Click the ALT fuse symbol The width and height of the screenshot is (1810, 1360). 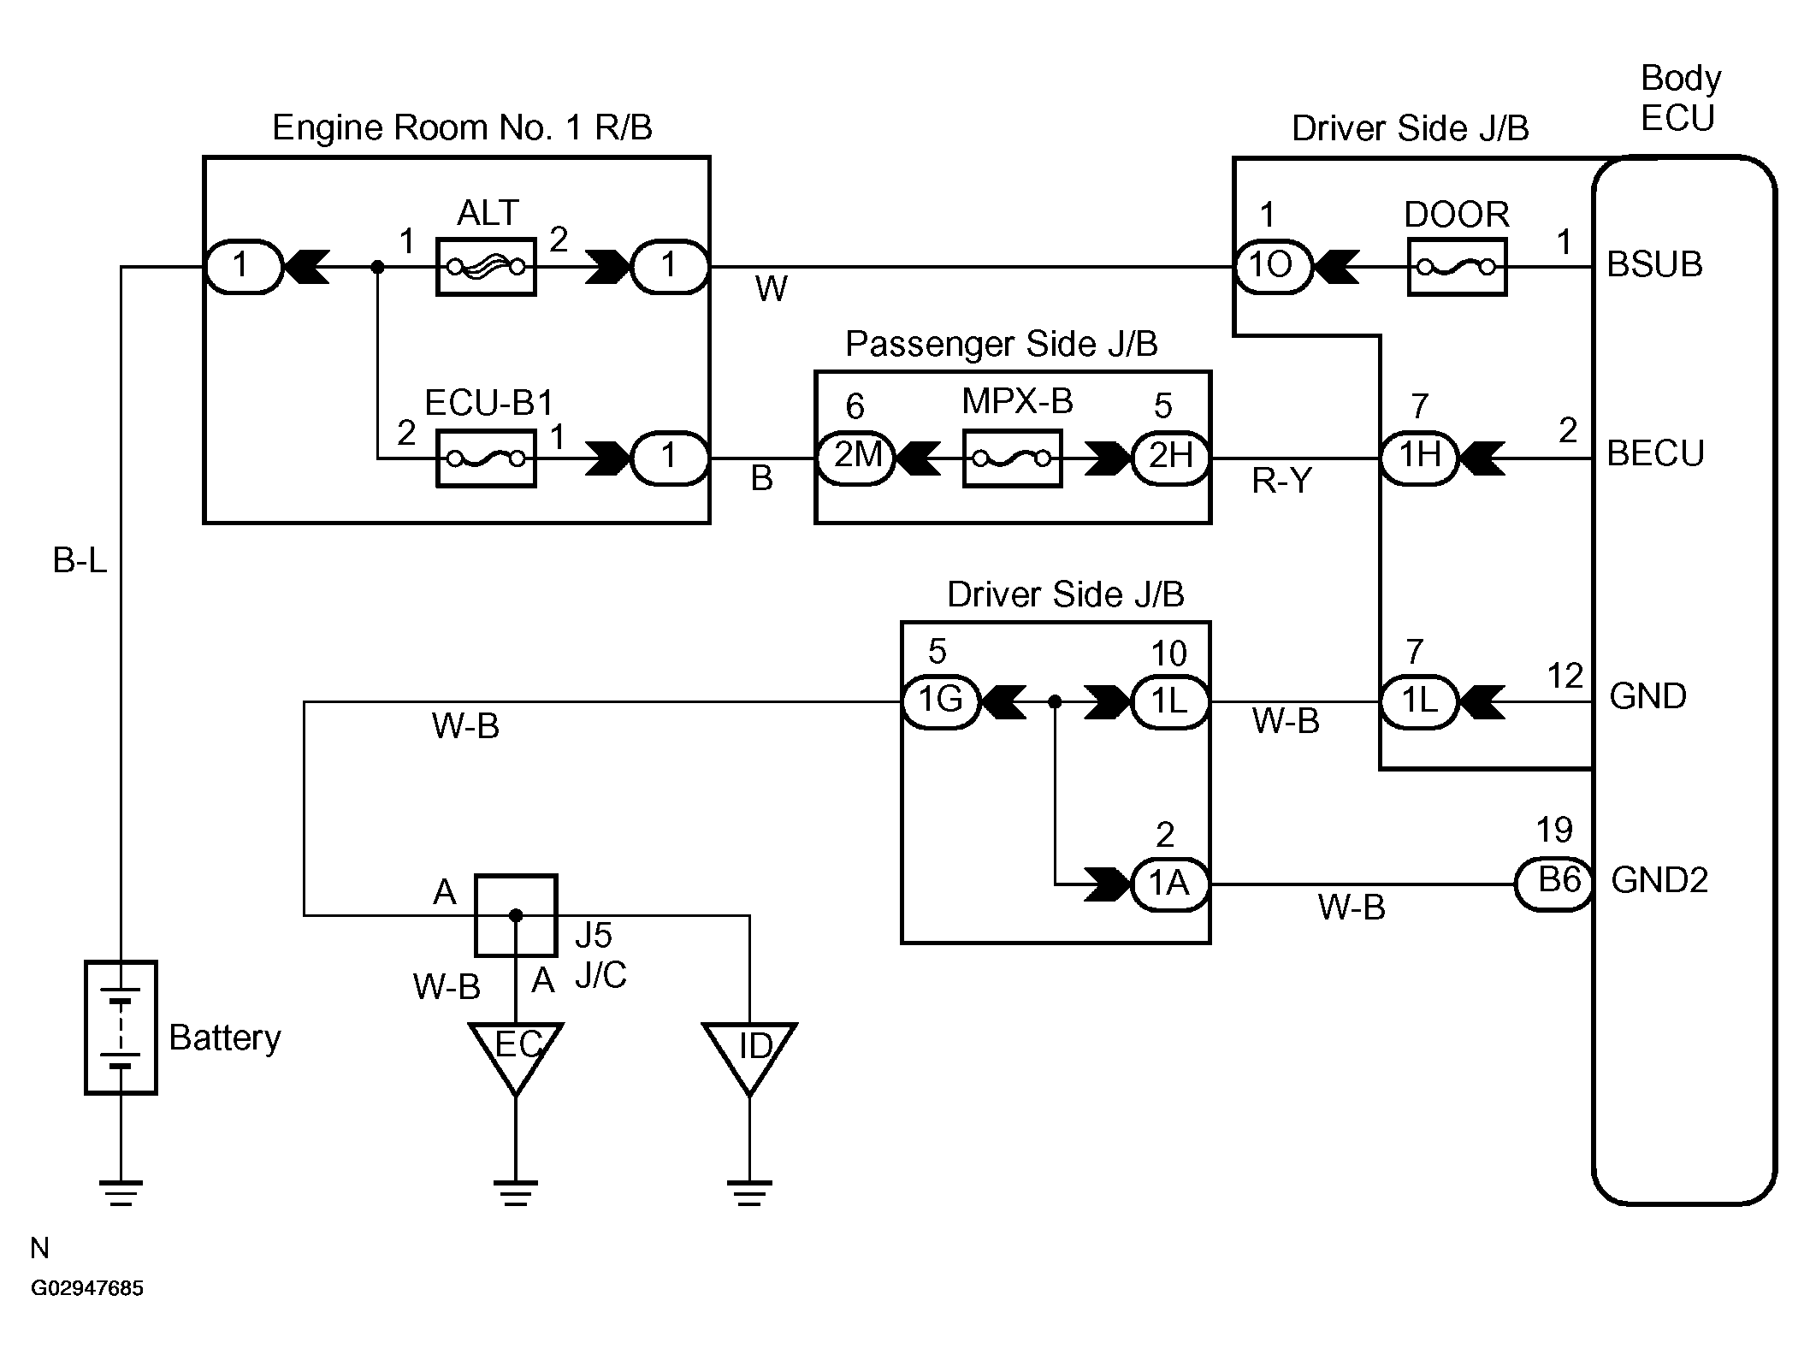coord(486,268)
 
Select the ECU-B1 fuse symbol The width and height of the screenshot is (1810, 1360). coord(486,459)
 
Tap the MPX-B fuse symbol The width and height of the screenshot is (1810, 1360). coord(1012,459)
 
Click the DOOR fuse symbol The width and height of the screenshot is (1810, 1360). coord(1457,268)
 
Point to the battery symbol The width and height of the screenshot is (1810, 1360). coord(121,1027)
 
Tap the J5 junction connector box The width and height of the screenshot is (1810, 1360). coord(516,915)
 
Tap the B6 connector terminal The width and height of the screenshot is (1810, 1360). coord(1554,884)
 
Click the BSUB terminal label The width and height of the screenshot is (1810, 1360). coord(1654,265)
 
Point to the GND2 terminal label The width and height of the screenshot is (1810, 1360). coord(1659,880)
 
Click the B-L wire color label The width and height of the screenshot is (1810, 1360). coord(80,561)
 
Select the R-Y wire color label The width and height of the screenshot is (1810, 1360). coord(1281,482)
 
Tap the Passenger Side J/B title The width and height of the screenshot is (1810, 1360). coord(1001,345)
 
